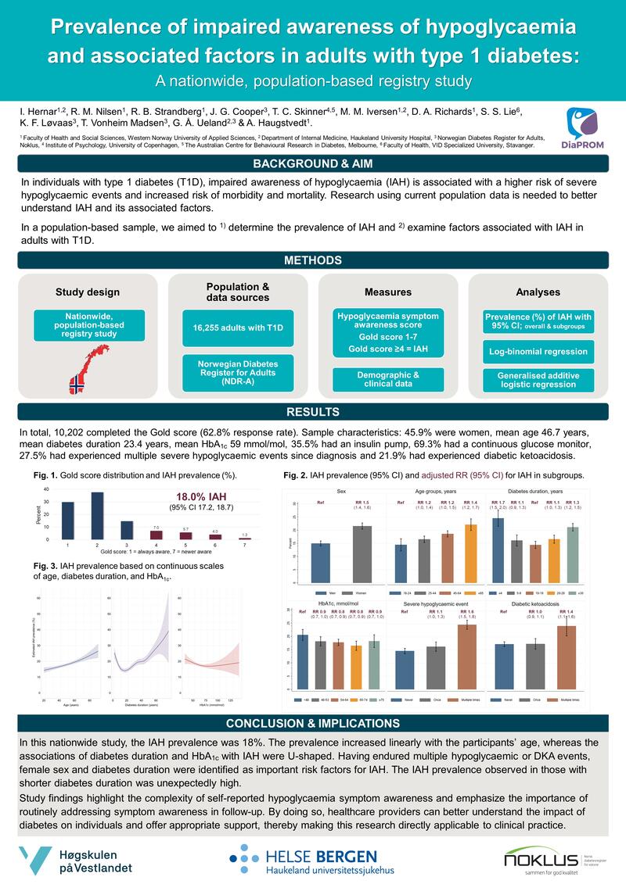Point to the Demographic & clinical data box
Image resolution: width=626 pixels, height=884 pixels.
pos(388,380)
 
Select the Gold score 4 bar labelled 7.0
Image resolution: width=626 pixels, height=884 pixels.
pos(156,535)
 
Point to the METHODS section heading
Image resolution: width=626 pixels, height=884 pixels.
pos(313,260)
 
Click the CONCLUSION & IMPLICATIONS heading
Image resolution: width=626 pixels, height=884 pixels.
pos(313,724)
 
